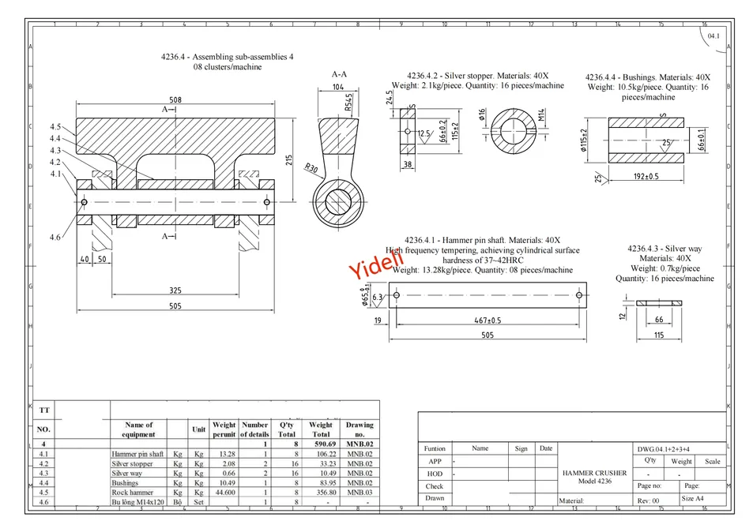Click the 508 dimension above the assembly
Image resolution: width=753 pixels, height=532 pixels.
point(175,99)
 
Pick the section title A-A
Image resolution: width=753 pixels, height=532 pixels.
point(339,74)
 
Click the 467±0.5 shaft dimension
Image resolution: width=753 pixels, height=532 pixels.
point(488,320)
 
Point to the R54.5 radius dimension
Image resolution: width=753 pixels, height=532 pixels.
point(348,102)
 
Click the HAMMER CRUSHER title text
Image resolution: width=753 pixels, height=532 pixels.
point(595,473)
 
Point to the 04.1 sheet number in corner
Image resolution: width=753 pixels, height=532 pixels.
point(713,36)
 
